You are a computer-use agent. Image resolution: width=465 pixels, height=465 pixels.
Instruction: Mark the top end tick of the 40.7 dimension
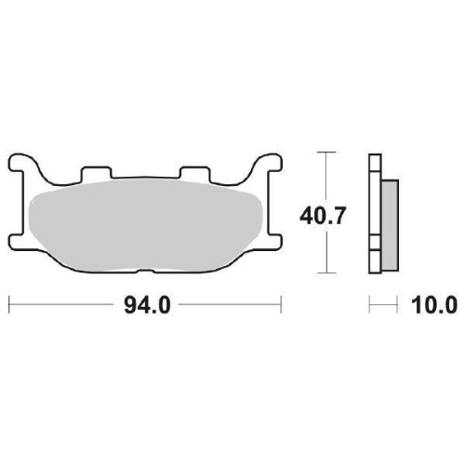[x=325, y=151]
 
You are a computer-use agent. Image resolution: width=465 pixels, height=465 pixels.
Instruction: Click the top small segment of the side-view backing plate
[x=375, y=162]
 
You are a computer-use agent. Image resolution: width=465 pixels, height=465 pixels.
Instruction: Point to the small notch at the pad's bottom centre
[x=144, y=272]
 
